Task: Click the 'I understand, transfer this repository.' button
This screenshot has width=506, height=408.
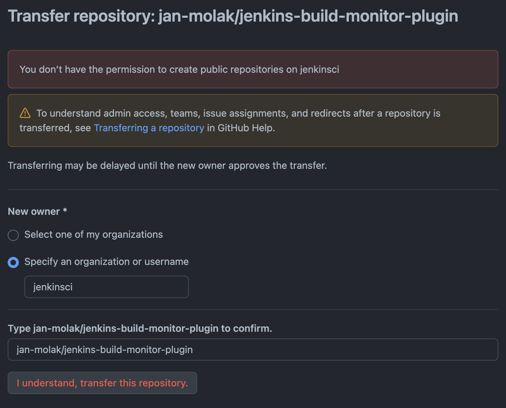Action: (102, 383)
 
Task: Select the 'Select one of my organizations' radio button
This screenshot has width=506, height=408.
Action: (13, 235)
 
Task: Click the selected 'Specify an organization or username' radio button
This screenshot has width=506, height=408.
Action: (13, 262)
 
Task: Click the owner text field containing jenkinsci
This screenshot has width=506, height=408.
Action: (106, 287)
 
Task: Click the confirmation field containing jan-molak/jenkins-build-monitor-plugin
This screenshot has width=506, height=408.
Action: (253, 350)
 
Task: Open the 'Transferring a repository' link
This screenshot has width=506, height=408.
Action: (149, 128)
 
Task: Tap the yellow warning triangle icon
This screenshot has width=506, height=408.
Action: (25, 113)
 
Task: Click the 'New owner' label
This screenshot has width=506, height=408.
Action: (34, 212)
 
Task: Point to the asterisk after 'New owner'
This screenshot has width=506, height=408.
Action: (65, 211)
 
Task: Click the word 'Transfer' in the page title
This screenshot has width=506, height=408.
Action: (39, 16)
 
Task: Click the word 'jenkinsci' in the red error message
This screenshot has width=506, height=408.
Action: (319, 70)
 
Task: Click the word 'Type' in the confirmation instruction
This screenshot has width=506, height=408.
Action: (19, 329)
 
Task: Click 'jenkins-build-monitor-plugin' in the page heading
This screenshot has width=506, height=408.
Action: (348, 16)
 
